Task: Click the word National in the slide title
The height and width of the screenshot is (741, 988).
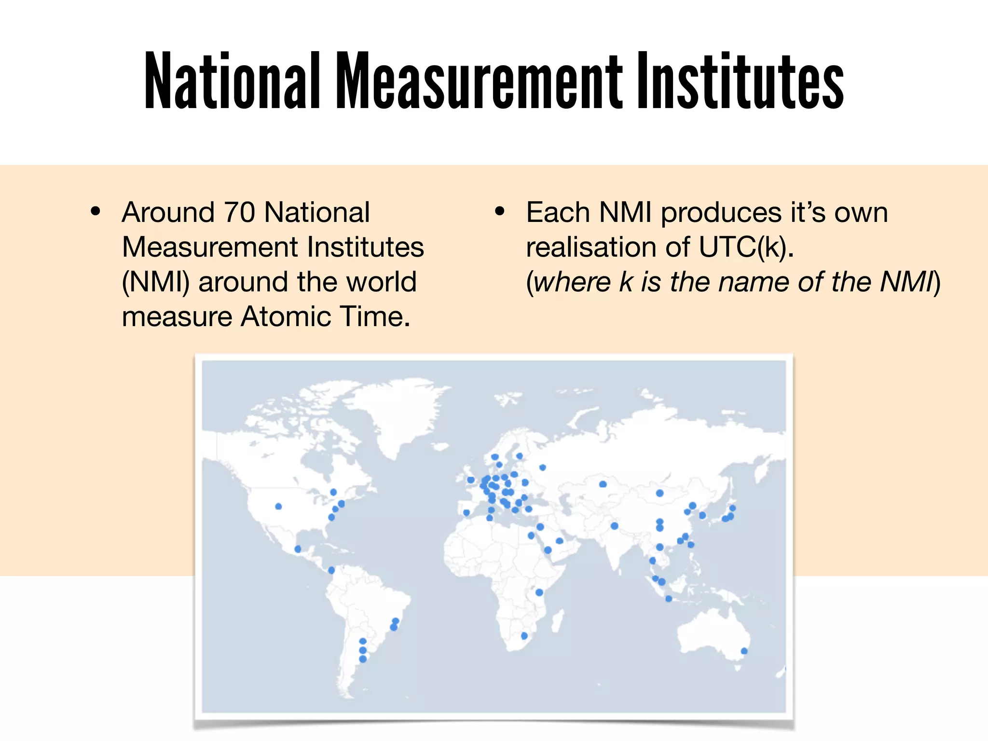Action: tap(232, 81)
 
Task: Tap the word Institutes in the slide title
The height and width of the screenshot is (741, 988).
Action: tap(740, 81)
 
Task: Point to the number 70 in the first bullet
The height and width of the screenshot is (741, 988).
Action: tap(239, 212)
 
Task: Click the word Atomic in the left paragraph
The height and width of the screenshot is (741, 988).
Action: tap(286, 316)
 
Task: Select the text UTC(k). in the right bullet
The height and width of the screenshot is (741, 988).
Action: tap(746, 247)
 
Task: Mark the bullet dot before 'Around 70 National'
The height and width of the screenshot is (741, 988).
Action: tap(96, 211)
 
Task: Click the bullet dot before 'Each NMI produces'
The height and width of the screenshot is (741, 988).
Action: tap(500, 211)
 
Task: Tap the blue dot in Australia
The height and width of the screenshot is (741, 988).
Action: tap(744, 651)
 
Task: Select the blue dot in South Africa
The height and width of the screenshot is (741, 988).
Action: tap(524, 636)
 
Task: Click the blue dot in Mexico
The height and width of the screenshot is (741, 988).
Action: tap(298, 549)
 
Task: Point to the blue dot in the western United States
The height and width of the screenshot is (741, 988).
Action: tap(278, 507)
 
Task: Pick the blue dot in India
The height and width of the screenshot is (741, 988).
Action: tap(614, 526)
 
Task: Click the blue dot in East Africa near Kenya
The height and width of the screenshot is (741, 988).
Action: tap(539, 592)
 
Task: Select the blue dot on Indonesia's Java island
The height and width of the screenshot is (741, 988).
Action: tap(669, 599)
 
